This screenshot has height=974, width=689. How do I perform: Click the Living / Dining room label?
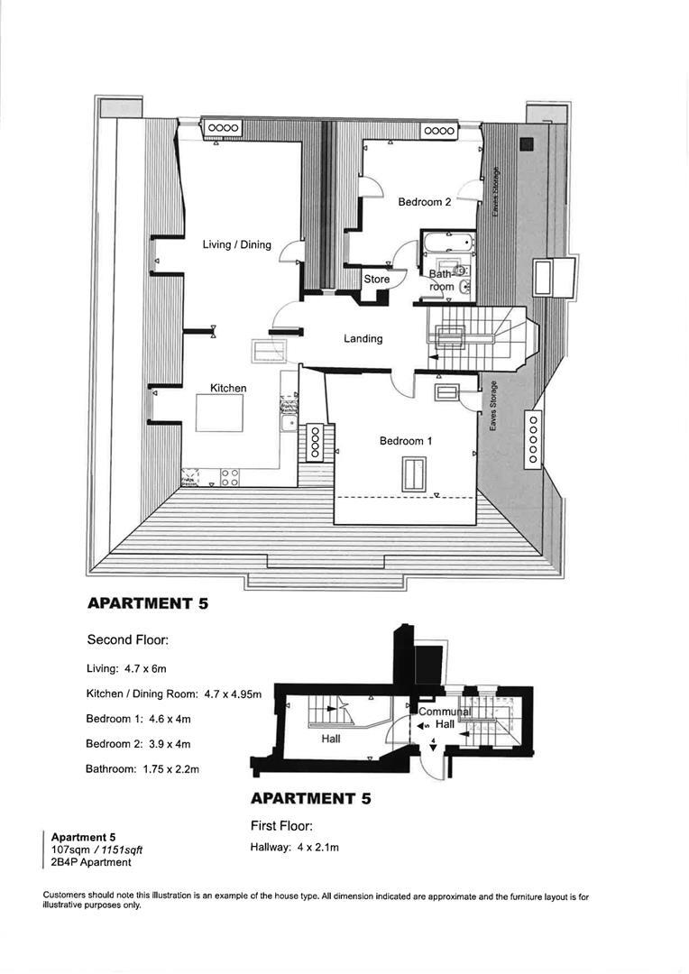click(x=236, y=244)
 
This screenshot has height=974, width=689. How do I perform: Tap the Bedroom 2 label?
click(x=425, y=202)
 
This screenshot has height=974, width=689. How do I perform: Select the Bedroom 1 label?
click(x=406, y=441)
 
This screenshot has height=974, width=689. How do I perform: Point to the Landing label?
click(x=363, y=339)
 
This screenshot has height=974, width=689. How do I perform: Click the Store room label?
click(x=376, y=280)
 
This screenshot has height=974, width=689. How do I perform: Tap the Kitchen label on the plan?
click(x=228, y=388)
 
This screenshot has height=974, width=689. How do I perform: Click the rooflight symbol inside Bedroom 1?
click(x=414, y=474)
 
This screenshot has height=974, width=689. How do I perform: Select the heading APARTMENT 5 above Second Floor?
click(x=148, y=604)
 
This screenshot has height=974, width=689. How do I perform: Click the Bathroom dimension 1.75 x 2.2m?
click(x=142, y=769)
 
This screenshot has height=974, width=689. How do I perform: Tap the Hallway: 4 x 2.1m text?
click(x=294, y=847)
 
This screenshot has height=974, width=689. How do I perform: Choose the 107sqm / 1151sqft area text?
click(x=96, y=850)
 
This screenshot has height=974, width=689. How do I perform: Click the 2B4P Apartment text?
click(x=91, y=862)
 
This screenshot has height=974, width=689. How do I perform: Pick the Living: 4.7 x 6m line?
click(x=127, y=668)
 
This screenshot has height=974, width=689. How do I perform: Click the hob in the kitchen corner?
click(x=229, y=477)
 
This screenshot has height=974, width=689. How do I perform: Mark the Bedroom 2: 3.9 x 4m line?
click(x=138, y=744)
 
